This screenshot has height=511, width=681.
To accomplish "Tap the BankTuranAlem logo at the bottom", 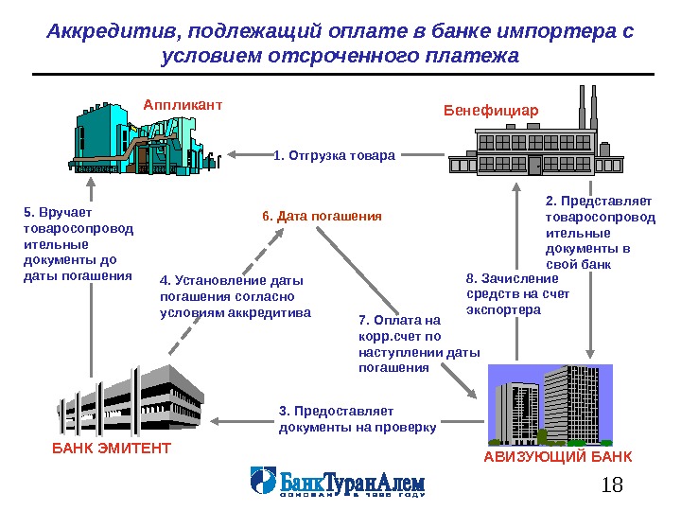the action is [337, 482].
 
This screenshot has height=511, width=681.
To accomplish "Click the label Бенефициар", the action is [491, 111].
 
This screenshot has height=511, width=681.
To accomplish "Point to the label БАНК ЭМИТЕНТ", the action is [112, 448].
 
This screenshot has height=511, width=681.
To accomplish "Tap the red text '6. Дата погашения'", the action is [322, 217].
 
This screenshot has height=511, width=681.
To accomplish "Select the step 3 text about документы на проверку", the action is [358, 419].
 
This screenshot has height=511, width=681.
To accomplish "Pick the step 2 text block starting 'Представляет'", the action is [600, 232].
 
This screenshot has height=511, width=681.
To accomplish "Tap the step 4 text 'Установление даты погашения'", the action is [235, 296].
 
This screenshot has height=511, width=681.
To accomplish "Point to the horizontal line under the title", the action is [342, 74].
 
